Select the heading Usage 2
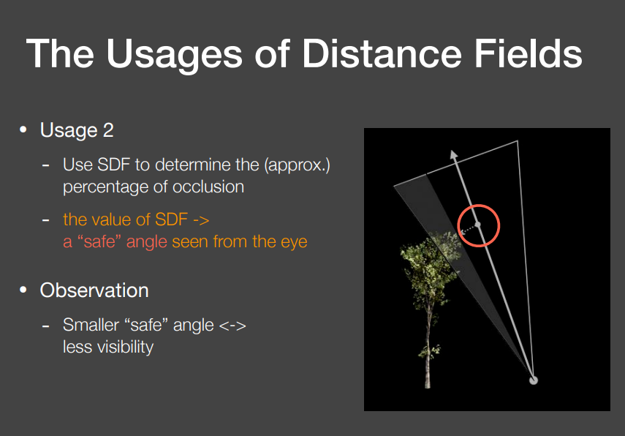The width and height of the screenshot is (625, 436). [x=77, y=131]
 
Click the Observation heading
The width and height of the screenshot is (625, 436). [x=94, y=290]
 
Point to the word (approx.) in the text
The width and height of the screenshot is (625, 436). [x=298, y=165]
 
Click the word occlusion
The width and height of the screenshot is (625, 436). [x=208, y=187]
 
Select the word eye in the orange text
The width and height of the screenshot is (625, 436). [x=292, y=241]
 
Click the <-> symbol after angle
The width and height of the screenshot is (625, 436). [x=232, y=325]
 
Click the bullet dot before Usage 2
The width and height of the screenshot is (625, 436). [x=23, y=130]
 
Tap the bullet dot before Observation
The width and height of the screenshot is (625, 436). [x=23, y=290]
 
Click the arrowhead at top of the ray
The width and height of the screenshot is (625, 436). [x=454, y=154]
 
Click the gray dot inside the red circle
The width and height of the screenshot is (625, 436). [x=477, y=224]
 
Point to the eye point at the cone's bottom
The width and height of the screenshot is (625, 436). [x=533, y=379]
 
